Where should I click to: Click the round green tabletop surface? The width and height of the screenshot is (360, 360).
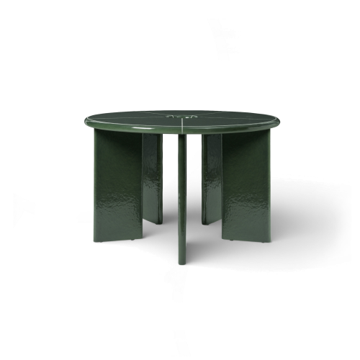click(180, 119)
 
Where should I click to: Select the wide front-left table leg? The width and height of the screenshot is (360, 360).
click(117, 184)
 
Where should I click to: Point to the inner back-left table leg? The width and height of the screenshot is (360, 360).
click(152, 176)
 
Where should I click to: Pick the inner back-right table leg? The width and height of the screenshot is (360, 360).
click(212, 176)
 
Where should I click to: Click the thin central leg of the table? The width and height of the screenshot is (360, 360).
click(181, 194)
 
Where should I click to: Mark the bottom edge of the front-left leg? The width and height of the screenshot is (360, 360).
click(115, 238)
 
